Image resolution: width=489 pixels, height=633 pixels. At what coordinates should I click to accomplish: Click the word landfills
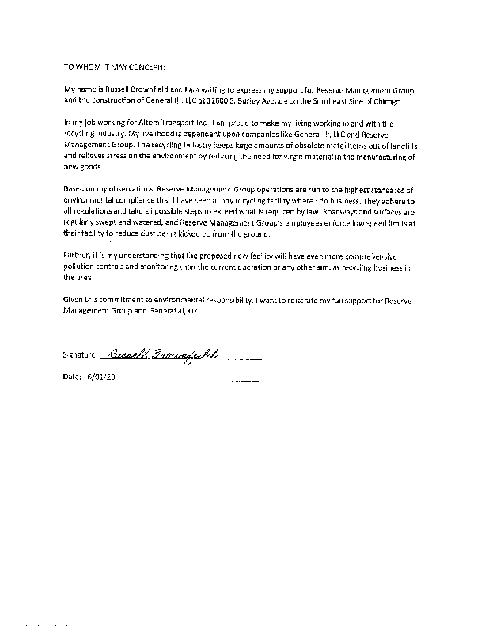click(398, 146)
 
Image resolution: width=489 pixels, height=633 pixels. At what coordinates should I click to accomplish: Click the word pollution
click(81, 270)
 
